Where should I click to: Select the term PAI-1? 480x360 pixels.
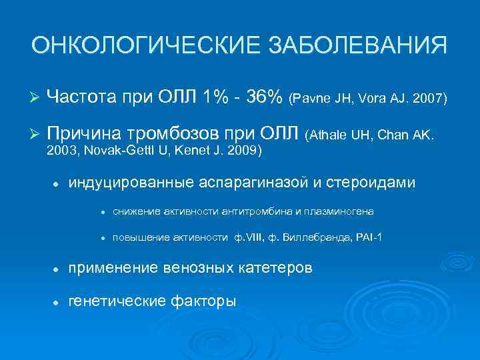[369, 239]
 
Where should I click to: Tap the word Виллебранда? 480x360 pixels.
[318, 239]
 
